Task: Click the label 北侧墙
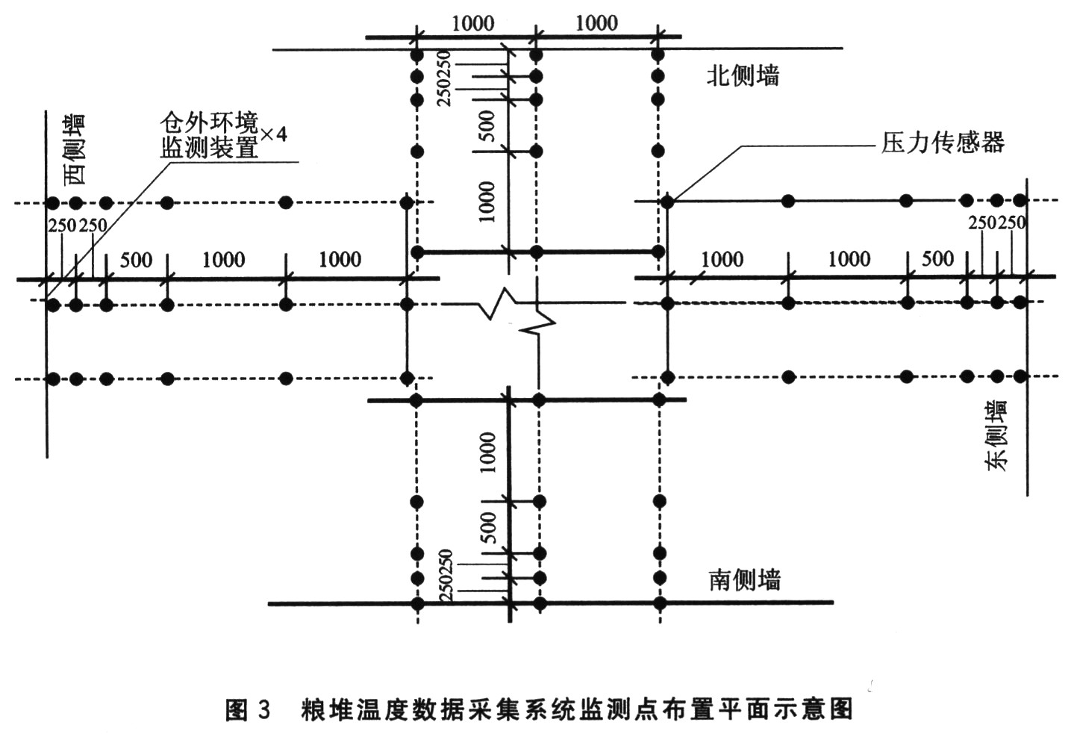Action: click(743, 75)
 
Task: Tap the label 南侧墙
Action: click(744, 579)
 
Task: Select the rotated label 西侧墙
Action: click(74, 149)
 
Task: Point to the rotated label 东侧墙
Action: click(996, 435)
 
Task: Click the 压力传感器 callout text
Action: click(942, 143)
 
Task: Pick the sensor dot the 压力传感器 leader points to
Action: click(668, 202)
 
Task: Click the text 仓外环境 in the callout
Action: click(209, 122)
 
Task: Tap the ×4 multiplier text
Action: click(273, 134)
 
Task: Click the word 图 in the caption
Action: click(237, 709)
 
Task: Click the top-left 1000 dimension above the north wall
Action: click(472, 23)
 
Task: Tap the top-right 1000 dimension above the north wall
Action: click(596, 23)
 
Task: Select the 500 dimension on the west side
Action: click(136, 260)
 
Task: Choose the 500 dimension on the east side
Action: click(937, 258)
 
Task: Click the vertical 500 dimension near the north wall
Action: click(487, 125)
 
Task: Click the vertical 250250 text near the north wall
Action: click(444, 78)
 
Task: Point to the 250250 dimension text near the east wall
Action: click(996, 223)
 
